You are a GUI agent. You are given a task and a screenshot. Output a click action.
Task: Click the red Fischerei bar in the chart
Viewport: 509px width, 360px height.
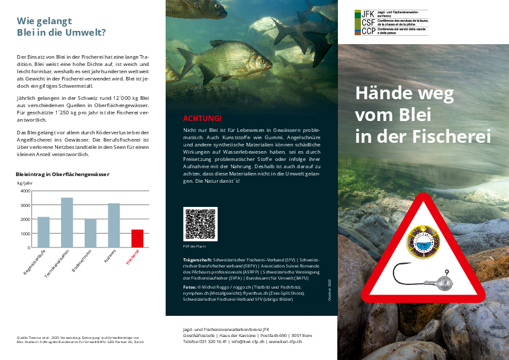click(x=137, y=238)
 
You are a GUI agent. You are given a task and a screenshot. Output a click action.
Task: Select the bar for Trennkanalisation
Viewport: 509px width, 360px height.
click(x=66, y=222)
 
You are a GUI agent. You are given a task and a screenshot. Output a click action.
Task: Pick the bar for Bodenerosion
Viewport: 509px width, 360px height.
click(x=90, y=233)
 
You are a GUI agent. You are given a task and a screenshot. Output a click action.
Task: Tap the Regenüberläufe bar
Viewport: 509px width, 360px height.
click(x=44, y=232)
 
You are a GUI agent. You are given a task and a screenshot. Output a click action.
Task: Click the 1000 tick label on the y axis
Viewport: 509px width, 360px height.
click(x=25, y=234)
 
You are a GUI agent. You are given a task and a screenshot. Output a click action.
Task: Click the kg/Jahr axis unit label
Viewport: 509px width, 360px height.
click(x=24, y=182)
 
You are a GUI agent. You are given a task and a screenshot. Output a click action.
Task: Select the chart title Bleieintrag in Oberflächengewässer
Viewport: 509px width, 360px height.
click(x=62, y=174)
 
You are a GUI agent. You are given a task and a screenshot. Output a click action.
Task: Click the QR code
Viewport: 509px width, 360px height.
click(x=200, y=224)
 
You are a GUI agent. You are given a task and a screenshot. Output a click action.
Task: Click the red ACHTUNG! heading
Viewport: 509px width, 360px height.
click(x=202, y=118)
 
